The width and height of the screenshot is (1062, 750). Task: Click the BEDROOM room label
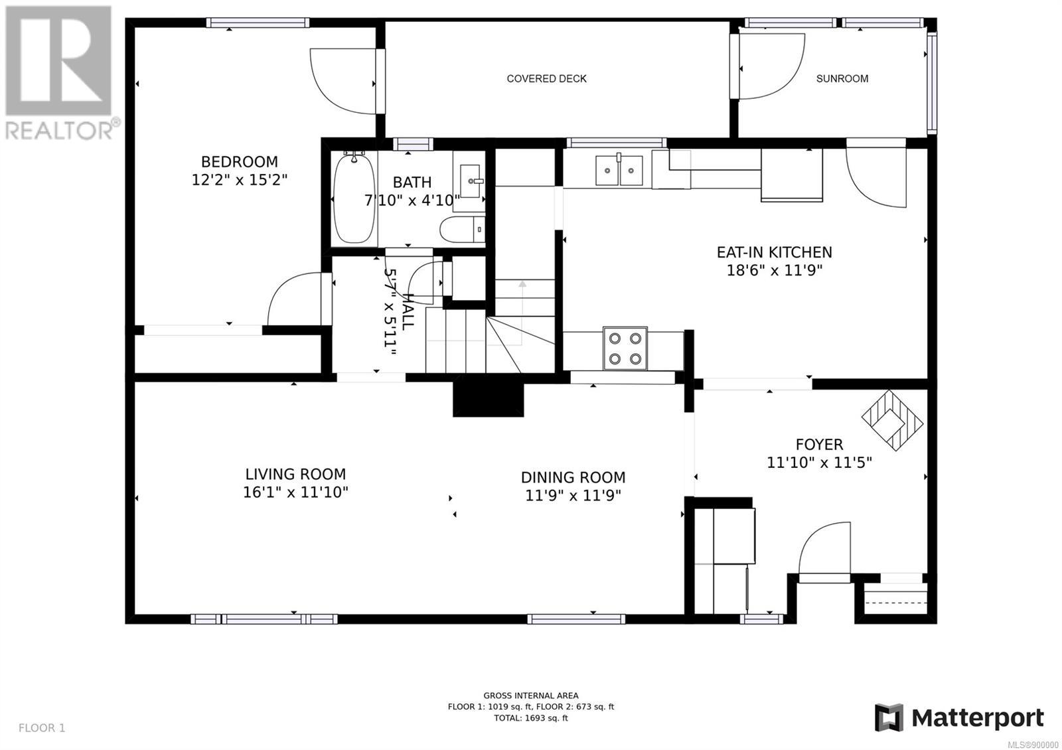click(x=240, y=162)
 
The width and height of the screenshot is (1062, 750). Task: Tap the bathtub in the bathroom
click(x=354, y=199)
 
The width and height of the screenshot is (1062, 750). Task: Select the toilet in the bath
click(x=462, y=230)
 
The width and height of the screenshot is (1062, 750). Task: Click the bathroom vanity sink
click(x=470, y=181)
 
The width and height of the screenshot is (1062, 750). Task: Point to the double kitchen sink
click(x=619, y=170)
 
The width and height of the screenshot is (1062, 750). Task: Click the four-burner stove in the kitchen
click(x=625, y=348)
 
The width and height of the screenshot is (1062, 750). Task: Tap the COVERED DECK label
click(x=547, y=79)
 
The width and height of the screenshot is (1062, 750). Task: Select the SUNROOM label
click(x=842, y=79)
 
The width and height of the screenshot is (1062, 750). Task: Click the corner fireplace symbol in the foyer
click(x=892, y=420)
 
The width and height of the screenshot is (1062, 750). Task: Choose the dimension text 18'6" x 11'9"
click(x=774, y=270)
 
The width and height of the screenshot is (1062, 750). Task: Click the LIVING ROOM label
click(x=295, y=474)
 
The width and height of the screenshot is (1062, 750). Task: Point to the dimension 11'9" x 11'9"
click(x=573, y=495)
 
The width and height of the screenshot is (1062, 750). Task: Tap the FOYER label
click(x=819, y=445)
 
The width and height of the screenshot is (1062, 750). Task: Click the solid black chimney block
click(x=489, y=398)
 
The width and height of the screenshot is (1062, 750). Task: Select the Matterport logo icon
click(x=889, y=717)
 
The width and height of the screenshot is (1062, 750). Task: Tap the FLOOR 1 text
click(x=42, y=728)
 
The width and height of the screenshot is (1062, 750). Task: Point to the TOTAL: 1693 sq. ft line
click(x=530, y=717)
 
